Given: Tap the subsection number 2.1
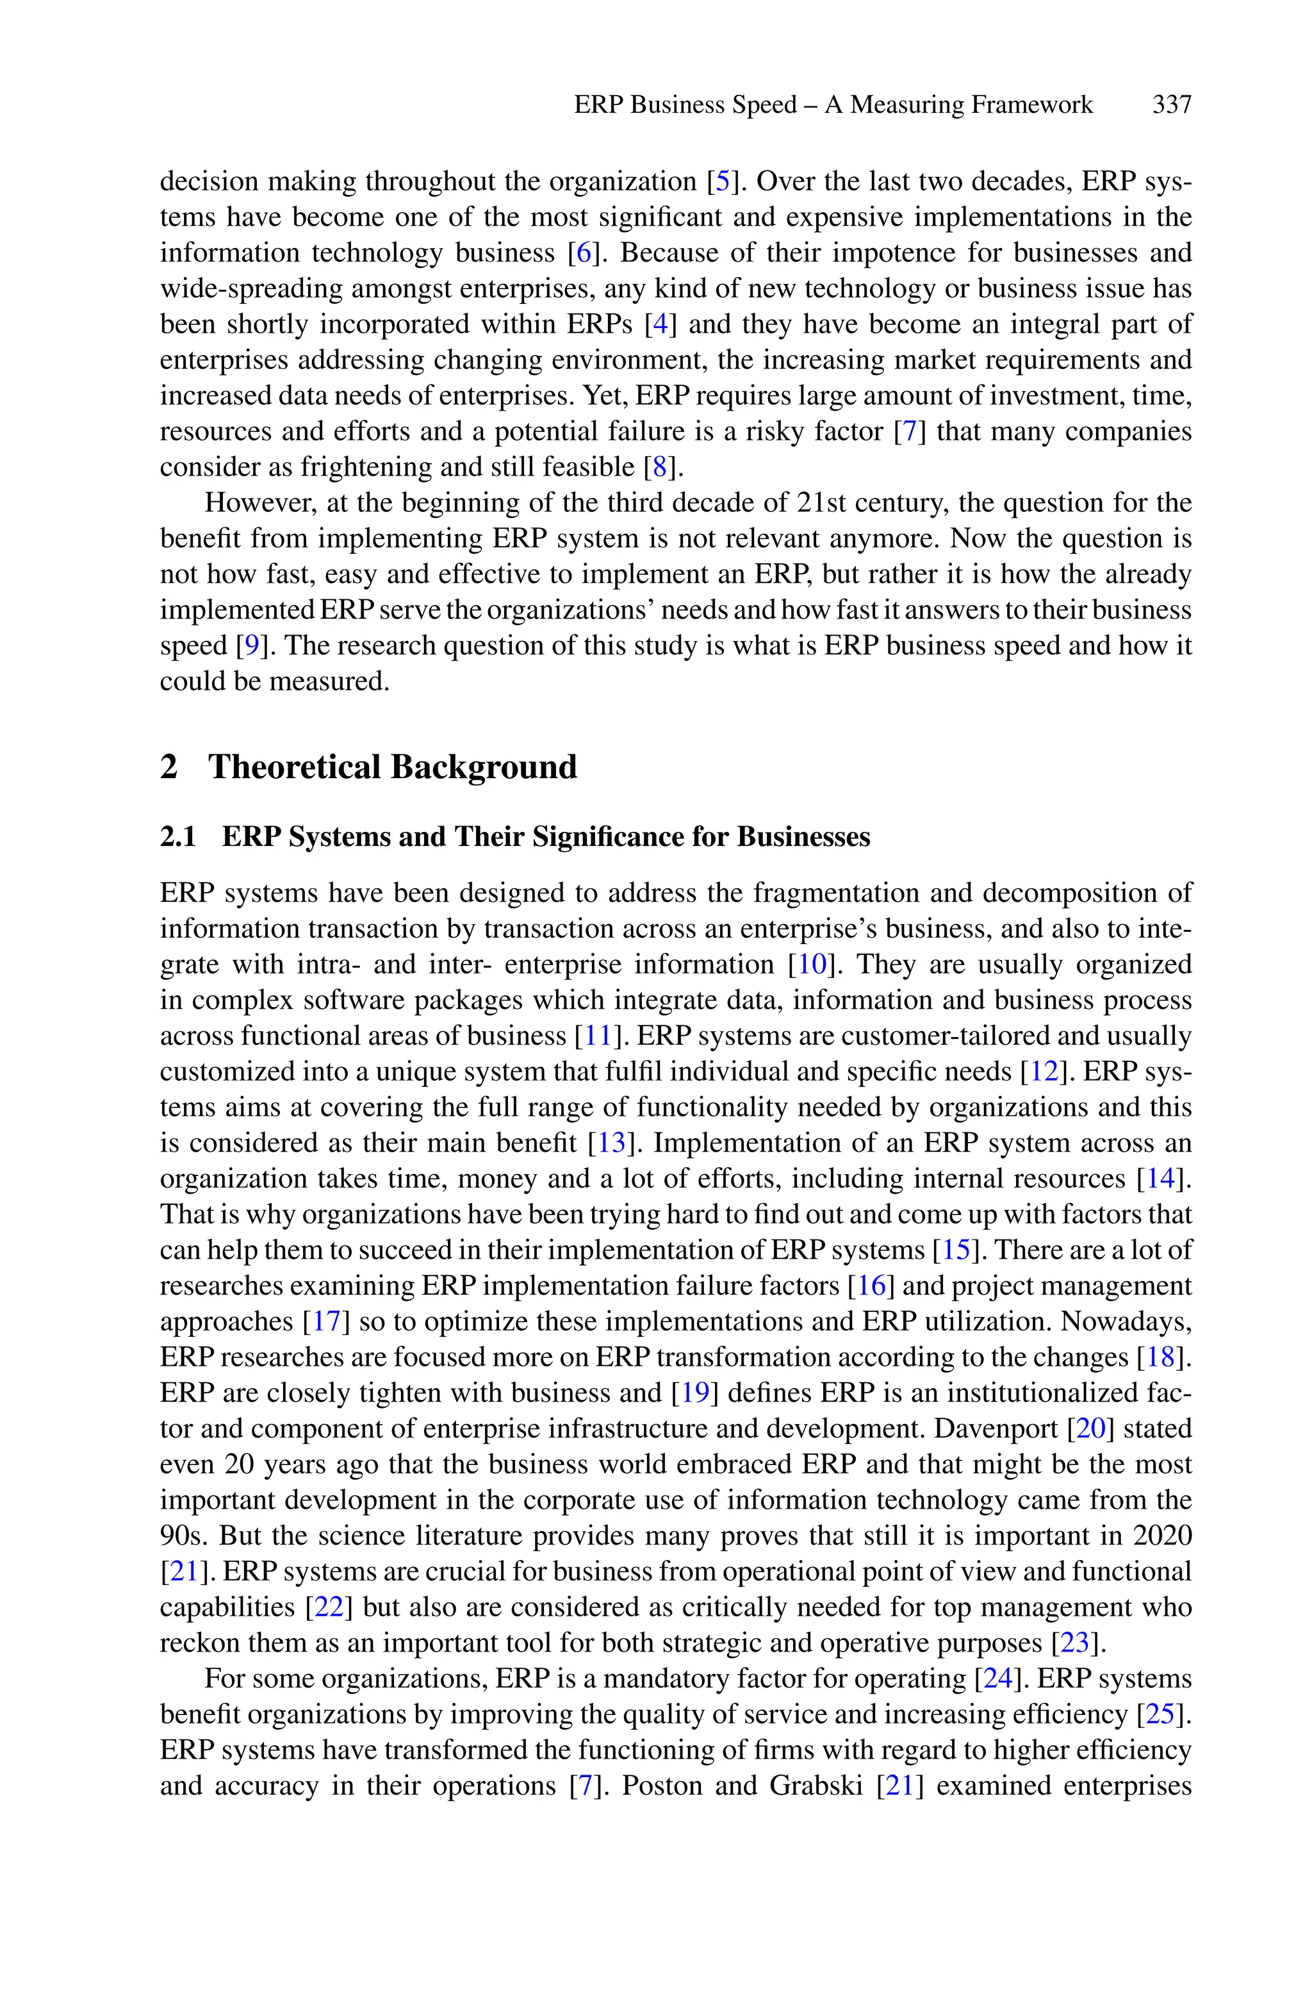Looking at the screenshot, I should point(177,837).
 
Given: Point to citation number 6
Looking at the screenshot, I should point(582,253).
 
